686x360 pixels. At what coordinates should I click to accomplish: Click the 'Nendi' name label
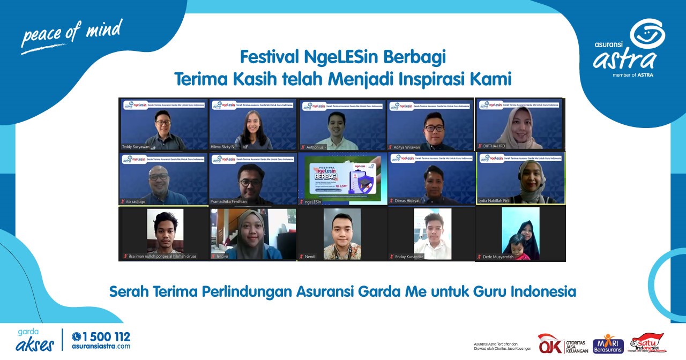(x=310, y=257)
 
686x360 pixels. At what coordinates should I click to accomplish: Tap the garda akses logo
(x=35, y=341)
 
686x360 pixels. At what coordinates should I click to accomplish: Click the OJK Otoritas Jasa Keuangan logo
(x=563, y=343)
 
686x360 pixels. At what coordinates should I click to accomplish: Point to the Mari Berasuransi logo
(x=608, y=344)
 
